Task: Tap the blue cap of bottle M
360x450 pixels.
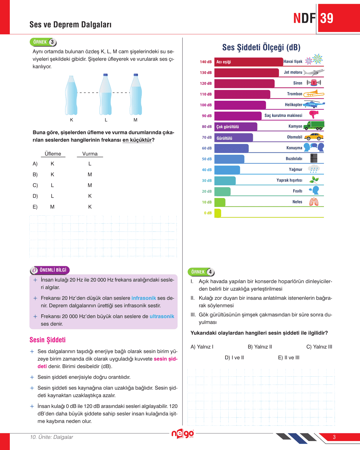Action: coord(136,75)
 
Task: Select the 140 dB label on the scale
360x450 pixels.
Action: coord(206,62)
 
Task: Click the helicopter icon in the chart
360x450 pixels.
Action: coord(314,104)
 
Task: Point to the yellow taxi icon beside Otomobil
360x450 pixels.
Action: coord(314,137)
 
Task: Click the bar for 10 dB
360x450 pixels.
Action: coord(220,202)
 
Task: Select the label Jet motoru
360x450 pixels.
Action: coord(293,72)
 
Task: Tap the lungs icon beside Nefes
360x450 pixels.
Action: coord(314,202)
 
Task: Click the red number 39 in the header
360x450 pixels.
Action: coord(327,18)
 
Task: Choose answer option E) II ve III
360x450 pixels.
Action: coord(288,358)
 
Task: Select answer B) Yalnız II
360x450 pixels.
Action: coord(260,347)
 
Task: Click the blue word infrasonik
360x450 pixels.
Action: coord(143,298)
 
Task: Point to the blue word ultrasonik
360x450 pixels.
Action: coord(162,316)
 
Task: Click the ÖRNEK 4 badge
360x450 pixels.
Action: coord(201,272)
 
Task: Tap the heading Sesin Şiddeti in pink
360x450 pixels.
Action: coord(48,340)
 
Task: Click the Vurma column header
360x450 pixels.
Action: coord(90,154)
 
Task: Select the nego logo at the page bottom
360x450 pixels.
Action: coord(182,434)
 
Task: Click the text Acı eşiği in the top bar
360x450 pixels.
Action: coord(224,62)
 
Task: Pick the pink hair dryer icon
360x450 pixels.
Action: coord(314,115)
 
